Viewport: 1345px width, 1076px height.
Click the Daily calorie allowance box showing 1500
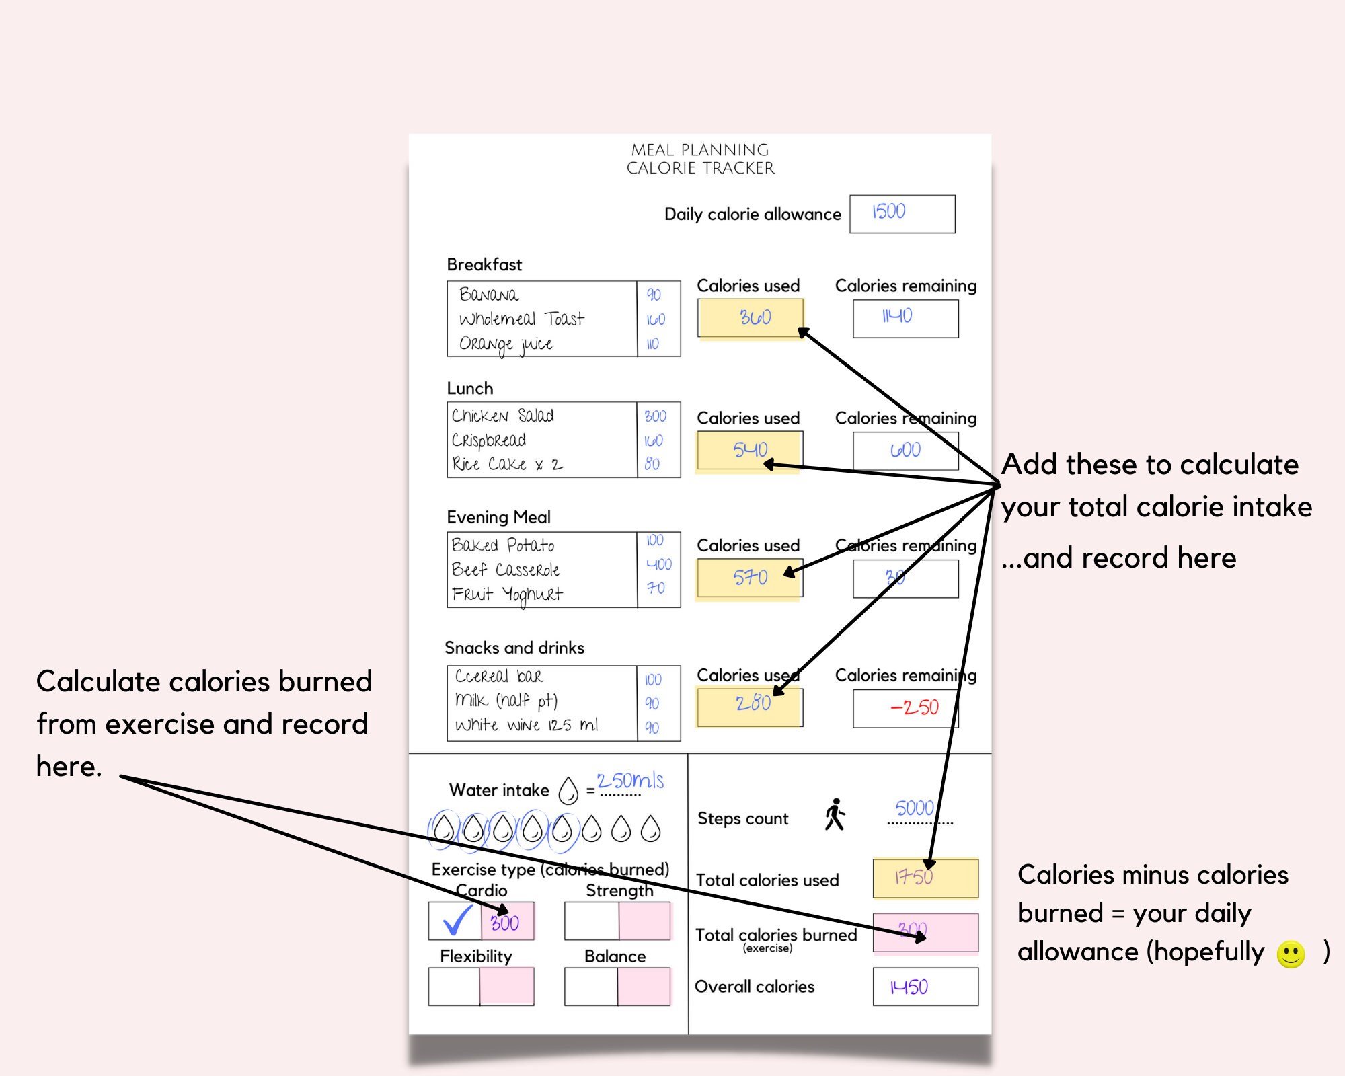click(902, 213)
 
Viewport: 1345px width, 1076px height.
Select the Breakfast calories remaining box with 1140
click(905, 317)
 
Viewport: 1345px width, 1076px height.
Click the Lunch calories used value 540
click(749, 450)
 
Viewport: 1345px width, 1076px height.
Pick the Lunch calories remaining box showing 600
click(905, 450)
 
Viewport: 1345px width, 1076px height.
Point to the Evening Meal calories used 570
click(749, 578)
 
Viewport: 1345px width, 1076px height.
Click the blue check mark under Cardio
click(456, 921)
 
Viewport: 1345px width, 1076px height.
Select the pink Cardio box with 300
click(507, 922)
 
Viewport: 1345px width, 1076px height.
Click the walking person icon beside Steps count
click(835, 814)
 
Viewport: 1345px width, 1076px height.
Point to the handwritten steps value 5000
click(914, 808)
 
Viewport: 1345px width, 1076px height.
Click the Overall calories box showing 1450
click(925, 987)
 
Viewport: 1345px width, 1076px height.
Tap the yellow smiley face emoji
click(1290, 954)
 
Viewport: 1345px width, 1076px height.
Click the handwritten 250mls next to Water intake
click(629, 781)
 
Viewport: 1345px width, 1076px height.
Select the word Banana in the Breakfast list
click(489, 295)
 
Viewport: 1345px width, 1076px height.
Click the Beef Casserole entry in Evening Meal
click(505, 570)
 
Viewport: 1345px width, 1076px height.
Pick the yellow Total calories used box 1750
click(925, 878)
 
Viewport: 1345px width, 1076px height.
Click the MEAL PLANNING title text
click(699, 150)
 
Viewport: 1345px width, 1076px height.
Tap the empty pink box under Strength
click(644, 921)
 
